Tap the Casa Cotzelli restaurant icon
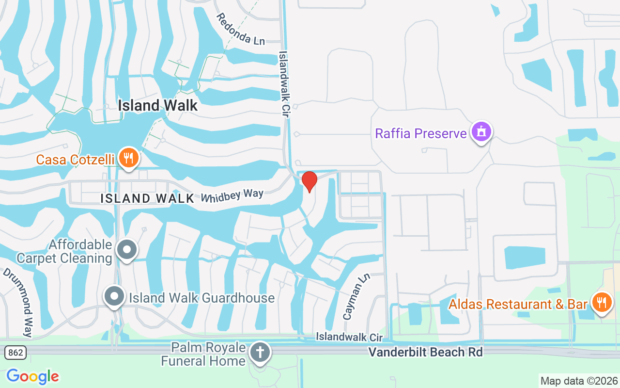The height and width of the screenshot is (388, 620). (128, 158)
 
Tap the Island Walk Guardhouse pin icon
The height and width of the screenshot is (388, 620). (115, 296)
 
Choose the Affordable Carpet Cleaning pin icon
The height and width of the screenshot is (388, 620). (127, 250)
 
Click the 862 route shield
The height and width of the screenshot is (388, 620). (15, 353)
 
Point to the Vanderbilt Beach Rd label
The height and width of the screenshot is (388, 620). (426, 352)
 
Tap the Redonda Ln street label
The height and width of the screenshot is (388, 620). (240, 29)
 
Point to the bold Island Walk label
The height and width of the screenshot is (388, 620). (158, 105)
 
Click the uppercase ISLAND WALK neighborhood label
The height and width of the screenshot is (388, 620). (147, 198)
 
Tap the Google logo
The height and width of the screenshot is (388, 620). (32, 376)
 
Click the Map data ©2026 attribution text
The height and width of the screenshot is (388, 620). (579, 381)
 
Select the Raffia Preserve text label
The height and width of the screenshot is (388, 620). (420, 133)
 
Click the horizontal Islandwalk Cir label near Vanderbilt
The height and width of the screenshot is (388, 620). (349, 337)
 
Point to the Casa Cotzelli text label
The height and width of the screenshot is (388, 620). (76, 159)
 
